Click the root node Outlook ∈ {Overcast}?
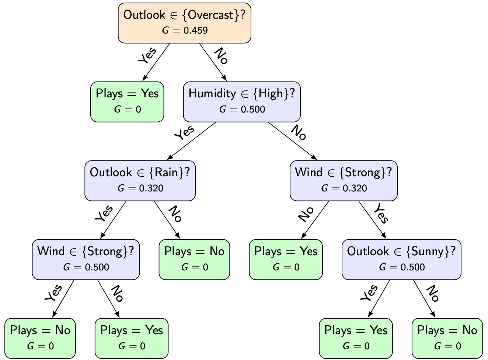tap(184, 23)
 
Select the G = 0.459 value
tap(185, 31)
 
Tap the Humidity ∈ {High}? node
tap(242, 102)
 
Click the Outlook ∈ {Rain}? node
tap(140, 181)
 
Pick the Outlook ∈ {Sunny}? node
tap(401, 260)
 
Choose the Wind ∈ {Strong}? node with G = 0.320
tap(344, 181)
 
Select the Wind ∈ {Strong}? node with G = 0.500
tap(86, 260)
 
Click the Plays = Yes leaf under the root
tap(127, 102)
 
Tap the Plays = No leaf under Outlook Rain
tap(194, 260)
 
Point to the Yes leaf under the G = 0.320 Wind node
tap(286, 260)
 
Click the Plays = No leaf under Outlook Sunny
tap(447, 339)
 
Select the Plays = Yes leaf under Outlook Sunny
tap(356, 339)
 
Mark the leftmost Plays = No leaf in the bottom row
tap(40, 339)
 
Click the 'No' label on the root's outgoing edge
tap(221, 56)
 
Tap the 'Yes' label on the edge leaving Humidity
tap(184, 133)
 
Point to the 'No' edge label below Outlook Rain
tap(175, 214)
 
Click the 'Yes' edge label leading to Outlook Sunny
tap(381, 214)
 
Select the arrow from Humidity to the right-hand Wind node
tap(292, 141)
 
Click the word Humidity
tap(212, 94)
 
